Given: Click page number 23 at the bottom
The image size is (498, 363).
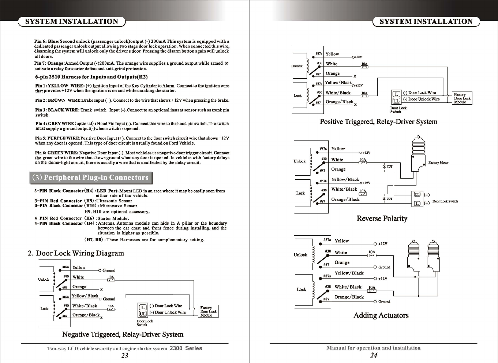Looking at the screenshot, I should click(124, 356).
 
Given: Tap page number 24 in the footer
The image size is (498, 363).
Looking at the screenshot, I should click(374, 355).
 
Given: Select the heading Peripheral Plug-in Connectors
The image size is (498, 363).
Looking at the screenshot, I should click(90, 178).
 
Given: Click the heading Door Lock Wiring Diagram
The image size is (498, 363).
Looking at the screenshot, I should click(76, 253).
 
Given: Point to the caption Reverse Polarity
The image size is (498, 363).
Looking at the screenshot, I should click(382, 218).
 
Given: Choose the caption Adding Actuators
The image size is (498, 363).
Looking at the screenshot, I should click(381, 315).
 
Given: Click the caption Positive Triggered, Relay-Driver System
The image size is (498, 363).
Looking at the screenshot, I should click(378, 121).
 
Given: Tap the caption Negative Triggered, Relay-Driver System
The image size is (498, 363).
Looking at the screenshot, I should click(123, 334).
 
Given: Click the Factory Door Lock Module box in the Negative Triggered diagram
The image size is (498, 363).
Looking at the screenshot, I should click(208, 311).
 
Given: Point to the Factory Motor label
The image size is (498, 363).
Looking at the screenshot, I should click(438, 162).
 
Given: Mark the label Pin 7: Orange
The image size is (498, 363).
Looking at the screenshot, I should click(49, 63).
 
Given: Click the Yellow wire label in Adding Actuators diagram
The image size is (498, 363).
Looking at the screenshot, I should click(342, 241).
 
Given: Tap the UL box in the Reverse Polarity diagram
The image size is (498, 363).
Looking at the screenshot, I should click(417, 195).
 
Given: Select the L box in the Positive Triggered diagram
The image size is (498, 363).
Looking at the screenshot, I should click(396, 93).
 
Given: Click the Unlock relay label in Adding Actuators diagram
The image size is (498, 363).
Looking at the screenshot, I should click(300, 255).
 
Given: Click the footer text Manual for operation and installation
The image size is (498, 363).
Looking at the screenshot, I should click(373, 348).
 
